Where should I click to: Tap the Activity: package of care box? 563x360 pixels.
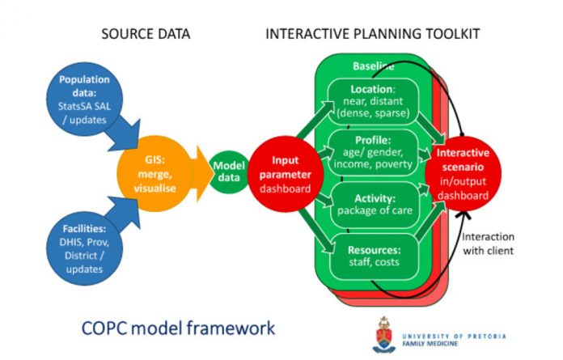[371, 204]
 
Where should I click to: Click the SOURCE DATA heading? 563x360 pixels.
[146, 34]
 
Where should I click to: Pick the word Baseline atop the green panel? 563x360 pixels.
[373, 66]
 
